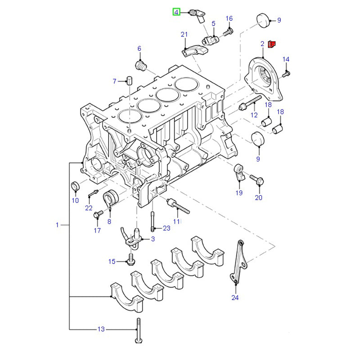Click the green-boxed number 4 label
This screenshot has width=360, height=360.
point(176,12)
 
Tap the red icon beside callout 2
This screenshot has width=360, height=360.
point(271,44)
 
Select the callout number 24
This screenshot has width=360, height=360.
point(235,297)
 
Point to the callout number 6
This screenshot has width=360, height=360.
point(139,49)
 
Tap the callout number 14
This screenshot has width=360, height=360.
point(286,59)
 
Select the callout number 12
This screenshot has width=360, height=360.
point(254,116)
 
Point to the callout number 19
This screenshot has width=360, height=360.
point(238,193)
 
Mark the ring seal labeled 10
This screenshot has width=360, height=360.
point(76,186)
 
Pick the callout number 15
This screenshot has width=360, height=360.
point(112,261)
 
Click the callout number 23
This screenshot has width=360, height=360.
point(166,228)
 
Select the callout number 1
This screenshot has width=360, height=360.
point(57,225)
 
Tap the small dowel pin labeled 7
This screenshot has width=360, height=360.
point(128,81)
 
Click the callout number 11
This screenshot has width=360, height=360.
point(176,222)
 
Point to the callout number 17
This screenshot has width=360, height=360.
point(97,231)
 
